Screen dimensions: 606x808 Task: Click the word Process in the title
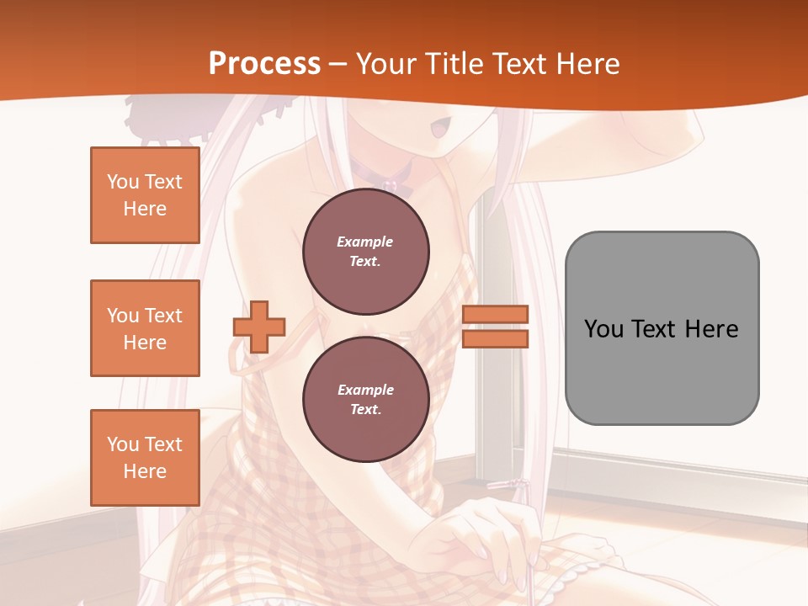(x=264, y=64)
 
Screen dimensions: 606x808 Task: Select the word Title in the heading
(x=459, y=64)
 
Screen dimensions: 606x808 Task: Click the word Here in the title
(x=590, y=64)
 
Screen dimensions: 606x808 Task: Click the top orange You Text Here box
(x=145, y=195)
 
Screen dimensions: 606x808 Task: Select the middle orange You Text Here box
(x=145, y=328)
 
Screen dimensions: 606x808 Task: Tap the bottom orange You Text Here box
(x=145, y=457)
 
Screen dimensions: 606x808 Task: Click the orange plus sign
(x=259, y=327)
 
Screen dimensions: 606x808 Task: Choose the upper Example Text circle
(x=365, y=252)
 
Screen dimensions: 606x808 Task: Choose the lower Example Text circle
(x=365, y=400)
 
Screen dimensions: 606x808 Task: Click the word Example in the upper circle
(x=365, y=242)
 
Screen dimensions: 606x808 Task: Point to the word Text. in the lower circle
(x=365, y=410)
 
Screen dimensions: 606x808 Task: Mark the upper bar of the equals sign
(x=496, y=315)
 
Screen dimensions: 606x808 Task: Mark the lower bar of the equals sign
(x=496, y=338)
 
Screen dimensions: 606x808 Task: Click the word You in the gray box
(x=603, y=329)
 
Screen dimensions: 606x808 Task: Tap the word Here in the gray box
(x=711, y=329)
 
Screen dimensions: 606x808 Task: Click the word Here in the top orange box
(x=145, y=209)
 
